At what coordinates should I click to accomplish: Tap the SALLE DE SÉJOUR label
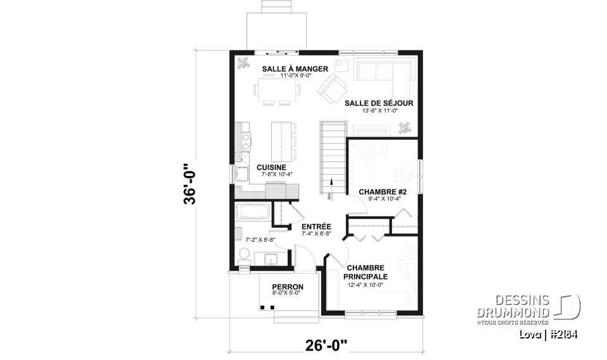(379, 103)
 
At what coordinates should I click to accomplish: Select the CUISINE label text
(271, 167)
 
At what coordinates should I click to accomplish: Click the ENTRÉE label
(316, 226)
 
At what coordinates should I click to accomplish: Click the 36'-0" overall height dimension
(192, 184)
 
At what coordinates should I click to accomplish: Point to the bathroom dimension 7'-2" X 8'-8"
(261, 240)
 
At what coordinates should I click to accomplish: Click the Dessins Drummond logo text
(513, 307)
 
